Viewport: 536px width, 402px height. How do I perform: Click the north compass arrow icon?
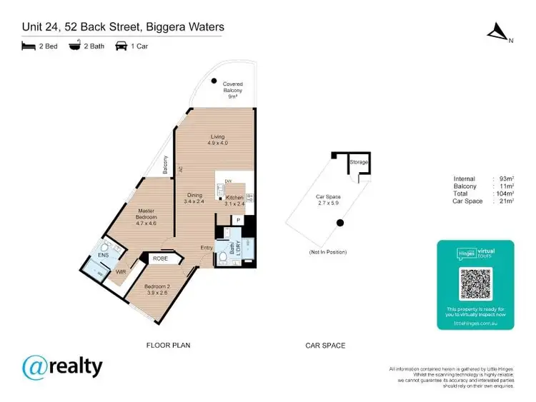pyautogui.click(x=495, y=31)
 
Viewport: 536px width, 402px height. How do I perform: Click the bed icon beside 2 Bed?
pyautogui.click(x=29, y=46)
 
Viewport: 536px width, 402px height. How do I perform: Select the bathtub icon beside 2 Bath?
pyautogui.click(x=74, y=46)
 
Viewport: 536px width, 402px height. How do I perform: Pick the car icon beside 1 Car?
pyautogui.click(x=121, y=46)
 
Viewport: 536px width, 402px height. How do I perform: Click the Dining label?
pyautogui.click(x=195, y=195)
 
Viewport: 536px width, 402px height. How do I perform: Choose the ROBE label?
pyautogui.click(x=160, y=259)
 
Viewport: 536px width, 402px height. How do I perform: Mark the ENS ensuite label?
pyautogui.click(x=103, y=253)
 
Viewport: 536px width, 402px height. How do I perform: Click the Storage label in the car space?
pyautogui.click(x=358, y=163)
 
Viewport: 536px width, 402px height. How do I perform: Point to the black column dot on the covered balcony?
pyautogui.click(x=214, y=80)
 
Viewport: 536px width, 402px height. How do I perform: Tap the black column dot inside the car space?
pyautogui.click(x=340, y=223)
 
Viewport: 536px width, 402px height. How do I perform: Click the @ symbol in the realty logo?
pyautogui.click(x=36, y=368)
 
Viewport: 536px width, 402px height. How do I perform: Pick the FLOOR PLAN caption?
pyautogui.click(x=169, y=346)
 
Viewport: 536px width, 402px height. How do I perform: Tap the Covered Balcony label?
pyautogui.click(x=232, y=90)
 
